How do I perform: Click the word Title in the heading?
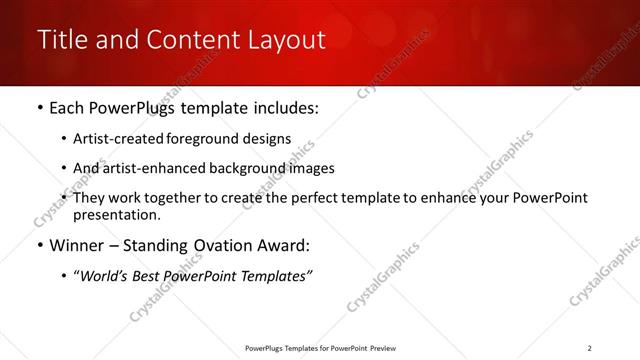pos(60,41)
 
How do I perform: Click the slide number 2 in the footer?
pos(589,347)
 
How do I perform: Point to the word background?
pos(260,168)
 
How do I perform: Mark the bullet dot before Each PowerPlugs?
pos(39,107)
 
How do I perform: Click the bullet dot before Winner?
pos(39,245)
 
